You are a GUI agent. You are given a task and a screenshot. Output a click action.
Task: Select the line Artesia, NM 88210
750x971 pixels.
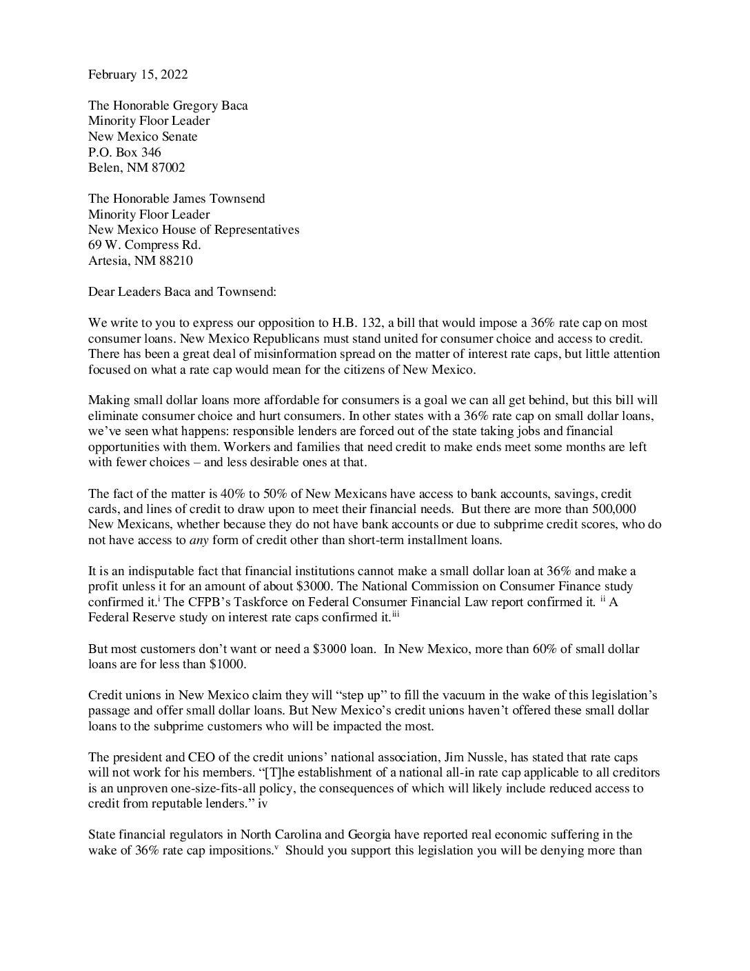pyautogui.click(x=141, y=261)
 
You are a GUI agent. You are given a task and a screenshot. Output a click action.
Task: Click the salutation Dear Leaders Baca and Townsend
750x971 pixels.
pyautogui.click(x=182, y=291)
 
